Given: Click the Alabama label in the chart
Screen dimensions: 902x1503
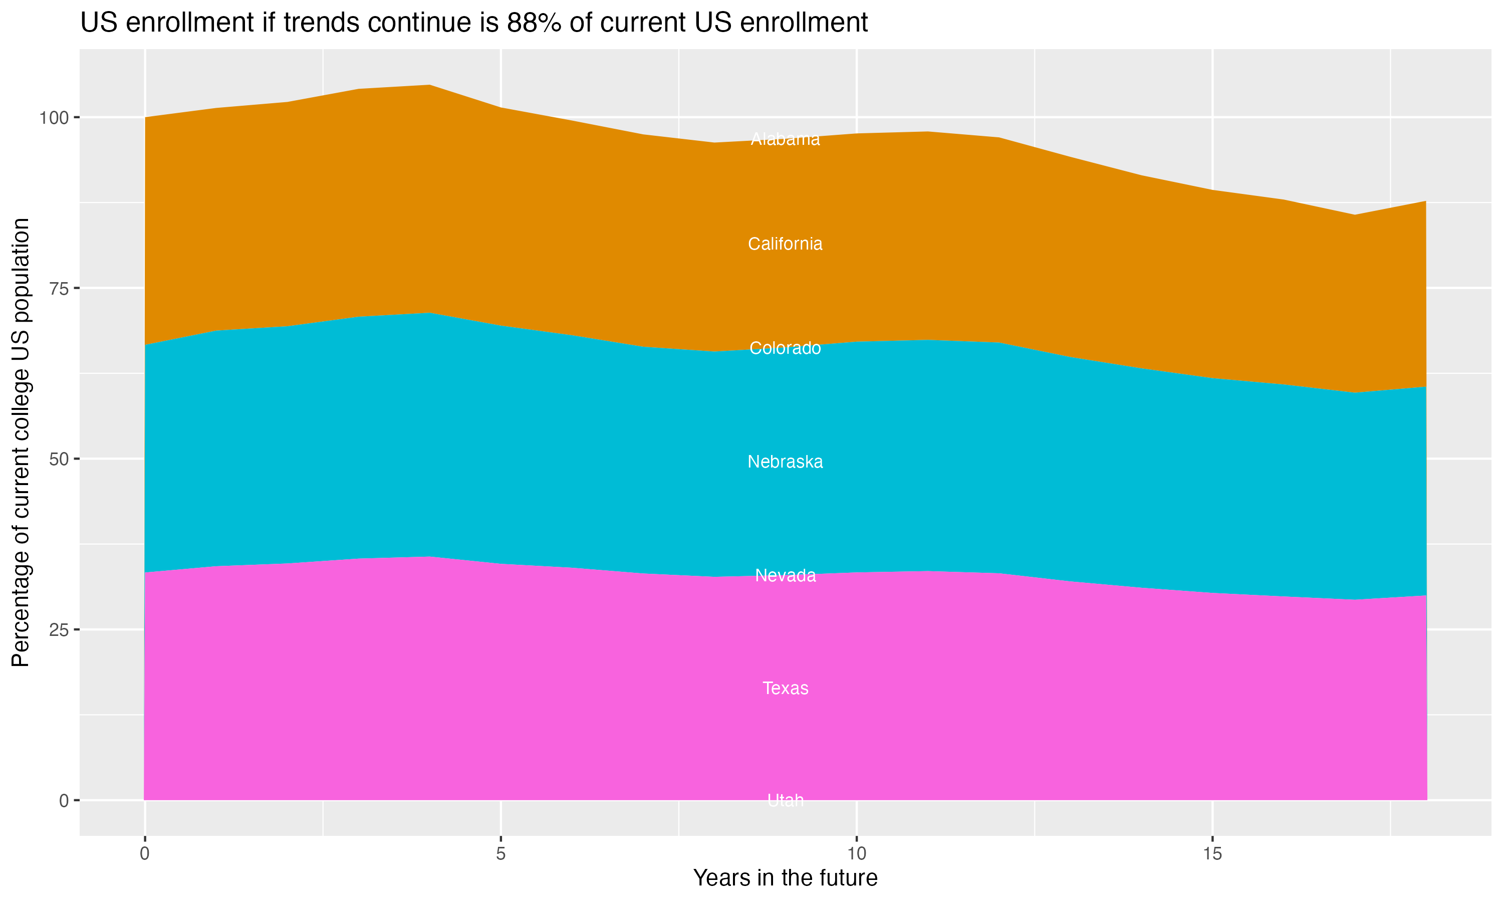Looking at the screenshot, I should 785,139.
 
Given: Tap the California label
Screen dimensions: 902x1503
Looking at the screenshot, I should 785,244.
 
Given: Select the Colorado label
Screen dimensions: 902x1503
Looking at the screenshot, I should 785,348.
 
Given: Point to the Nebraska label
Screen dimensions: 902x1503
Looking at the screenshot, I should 785,462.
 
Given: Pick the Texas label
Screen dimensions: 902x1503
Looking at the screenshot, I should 785,688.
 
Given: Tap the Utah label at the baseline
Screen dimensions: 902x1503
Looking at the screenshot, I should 785,800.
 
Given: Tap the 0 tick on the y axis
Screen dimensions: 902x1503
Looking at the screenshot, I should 64,800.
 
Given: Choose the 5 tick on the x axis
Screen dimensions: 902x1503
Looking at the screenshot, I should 500,854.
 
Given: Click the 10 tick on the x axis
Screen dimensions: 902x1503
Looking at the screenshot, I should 856,854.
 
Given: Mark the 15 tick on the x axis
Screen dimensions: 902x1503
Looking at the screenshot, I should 1212,854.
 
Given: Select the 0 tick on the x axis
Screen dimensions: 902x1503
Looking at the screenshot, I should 145,854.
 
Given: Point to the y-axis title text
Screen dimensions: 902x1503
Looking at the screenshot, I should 21,442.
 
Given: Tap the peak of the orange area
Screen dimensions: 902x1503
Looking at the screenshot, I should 429,86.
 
